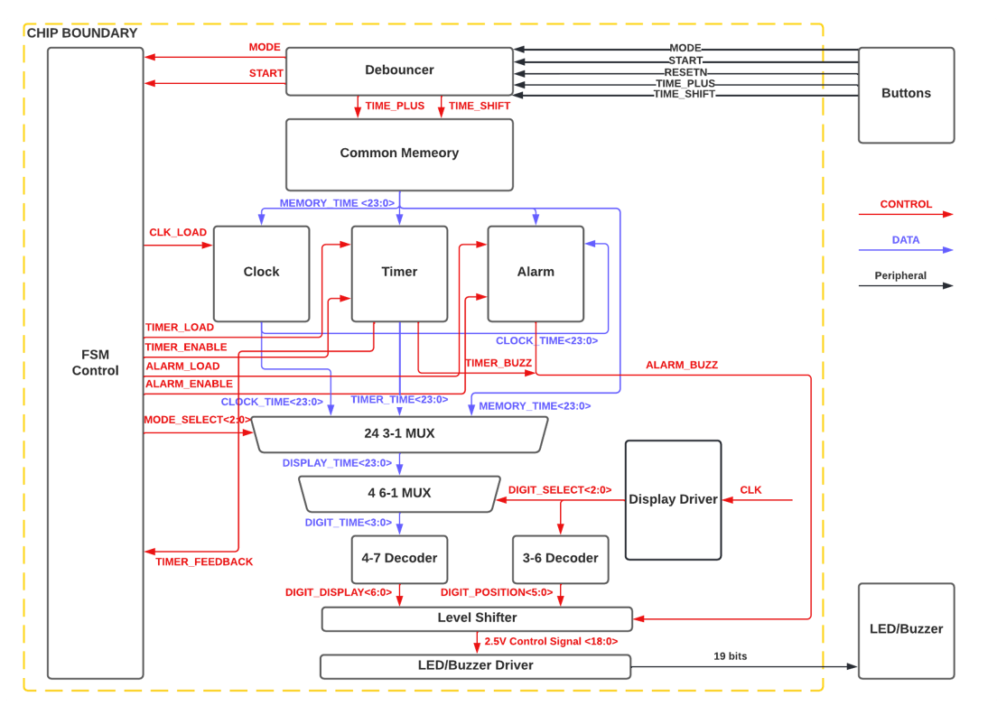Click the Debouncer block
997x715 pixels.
pos(399,70)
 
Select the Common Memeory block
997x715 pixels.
pos(399,153)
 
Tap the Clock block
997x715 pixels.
pos(261,273)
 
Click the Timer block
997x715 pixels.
pos(399,273)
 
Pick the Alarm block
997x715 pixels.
pos(536,273)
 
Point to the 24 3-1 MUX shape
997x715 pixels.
pos(399,434)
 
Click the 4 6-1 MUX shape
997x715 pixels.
pos(398,494)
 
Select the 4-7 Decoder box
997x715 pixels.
pos(399,559)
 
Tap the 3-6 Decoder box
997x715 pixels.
pos(560,559)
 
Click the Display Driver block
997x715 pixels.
pos(673,500)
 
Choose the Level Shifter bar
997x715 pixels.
pos(477,618)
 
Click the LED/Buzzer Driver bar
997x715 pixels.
pos(475,666)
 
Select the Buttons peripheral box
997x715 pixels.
pos(906,94)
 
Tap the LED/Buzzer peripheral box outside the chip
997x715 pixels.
pos(906,630)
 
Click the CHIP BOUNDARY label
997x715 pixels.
pos(82,33)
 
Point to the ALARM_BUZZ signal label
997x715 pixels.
pos(681,365)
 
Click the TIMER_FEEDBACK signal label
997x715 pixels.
pos(204,562)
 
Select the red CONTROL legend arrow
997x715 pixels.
pos(905,215)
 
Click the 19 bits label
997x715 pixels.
pos(730,656)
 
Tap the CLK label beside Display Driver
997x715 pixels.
pos(750,490)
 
